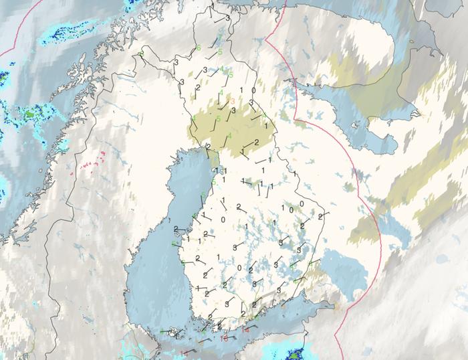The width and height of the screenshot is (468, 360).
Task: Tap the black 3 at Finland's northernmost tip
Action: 227,17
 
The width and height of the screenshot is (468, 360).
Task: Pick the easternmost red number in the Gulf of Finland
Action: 246,331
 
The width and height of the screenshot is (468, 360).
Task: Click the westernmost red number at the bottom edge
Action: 184,353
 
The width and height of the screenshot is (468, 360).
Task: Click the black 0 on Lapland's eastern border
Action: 253,90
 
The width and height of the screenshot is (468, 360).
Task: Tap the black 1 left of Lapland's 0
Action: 240,90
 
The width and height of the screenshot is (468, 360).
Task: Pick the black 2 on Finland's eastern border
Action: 321,216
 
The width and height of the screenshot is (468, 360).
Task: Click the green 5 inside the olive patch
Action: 219,118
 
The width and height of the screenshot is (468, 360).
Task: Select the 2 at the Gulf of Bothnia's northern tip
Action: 209,147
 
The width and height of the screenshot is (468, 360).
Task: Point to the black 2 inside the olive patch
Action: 255,143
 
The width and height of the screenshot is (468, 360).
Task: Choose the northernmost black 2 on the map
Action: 199,88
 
